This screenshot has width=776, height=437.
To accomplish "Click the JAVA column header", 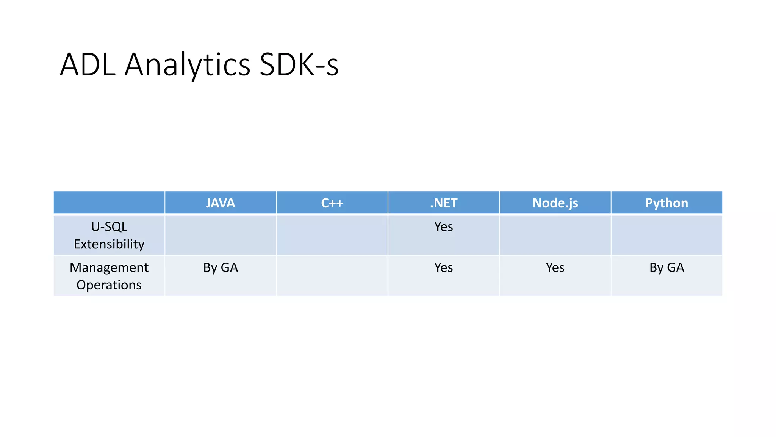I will [220, 203].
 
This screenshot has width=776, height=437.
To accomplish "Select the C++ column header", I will [332, 203].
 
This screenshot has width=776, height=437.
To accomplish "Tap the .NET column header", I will [444, 203].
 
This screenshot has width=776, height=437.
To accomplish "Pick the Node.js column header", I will [555, 203].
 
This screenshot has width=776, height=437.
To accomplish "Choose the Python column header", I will [666, 203].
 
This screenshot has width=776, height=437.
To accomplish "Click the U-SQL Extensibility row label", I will [109, 235].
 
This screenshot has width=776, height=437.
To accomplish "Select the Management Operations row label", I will [109, 276].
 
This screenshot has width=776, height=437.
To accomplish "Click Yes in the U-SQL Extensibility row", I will [444, 227].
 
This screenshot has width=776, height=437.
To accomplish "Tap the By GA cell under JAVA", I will [221, 267].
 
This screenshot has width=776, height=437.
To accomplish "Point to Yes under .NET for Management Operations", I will [444, 267].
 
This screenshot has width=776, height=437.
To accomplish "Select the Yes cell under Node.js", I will [555, 267].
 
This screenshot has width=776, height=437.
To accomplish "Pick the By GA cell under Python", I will [666, 267].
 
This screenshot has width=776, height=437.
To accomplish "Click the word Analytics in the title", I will [187, 64].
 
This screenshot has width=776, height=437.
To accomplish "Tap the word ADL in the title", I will [88, 64].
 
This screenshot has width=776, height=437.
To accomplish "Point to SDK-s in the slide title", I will [299, 64].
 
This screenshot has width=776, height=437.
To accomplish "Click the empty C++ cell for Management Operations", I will [332, 276].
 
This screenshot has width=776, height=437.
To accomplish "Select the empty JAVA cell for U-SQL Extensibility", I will [221, 235].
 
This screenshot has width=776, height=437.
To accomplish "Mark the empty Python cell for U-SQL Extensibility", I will [666, 235].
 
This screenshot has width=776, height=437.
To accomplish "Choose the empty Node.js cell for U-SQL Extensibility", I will [555, 235].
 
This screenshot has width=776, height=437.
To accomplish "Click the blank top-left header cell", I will [109, 203].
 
